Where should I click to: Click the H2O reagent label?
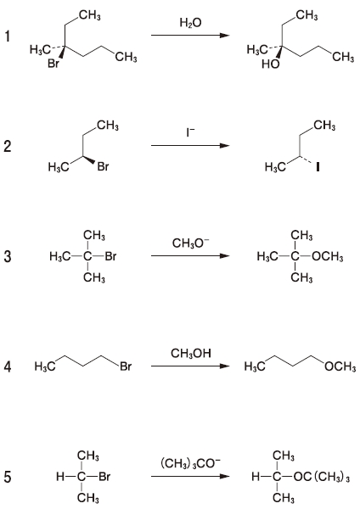[x=190, y=23]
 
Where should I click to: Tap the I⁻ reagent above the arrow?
[x=190, y=132]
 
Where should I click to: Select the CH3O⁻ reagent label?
[x=191, y=243]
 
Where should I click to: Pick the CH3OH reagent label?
[x=191, y=353]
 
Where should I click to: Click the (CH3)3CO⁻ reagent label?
[x=191, y=463]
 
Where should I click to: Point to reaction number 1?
[x=7, y=36]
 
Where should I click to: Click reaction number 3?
[x=7, y=256]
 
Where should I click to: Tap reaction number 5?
[x=7, y=477]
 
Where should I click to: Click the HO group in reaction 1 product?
[x=270, y=64]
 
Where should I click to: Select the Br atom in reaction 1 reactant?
[x=53, y=63]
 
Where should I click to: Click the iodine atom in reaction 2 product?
[x=318, y=167]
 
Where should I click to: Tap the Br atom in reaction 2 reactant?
[x=103, y=167]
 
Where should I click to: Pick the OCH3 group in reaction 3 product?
[x=327, y=256]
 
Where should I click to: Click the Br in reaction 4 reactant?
[x=126, y=366]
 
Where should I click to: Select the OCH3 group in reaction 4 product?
[x=340, y=366]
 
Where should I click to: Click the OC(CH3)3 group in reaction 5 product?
[x=321, y=477]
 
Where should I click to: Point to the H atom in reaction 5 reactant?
[x=60, y=477]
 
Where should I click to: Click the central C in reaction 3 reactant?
[x=87, y=256]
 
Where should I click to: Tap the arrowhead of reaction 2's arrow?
[x=225, y=145]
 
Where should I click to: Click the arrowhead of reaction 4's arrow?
[x=225, y=366]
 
